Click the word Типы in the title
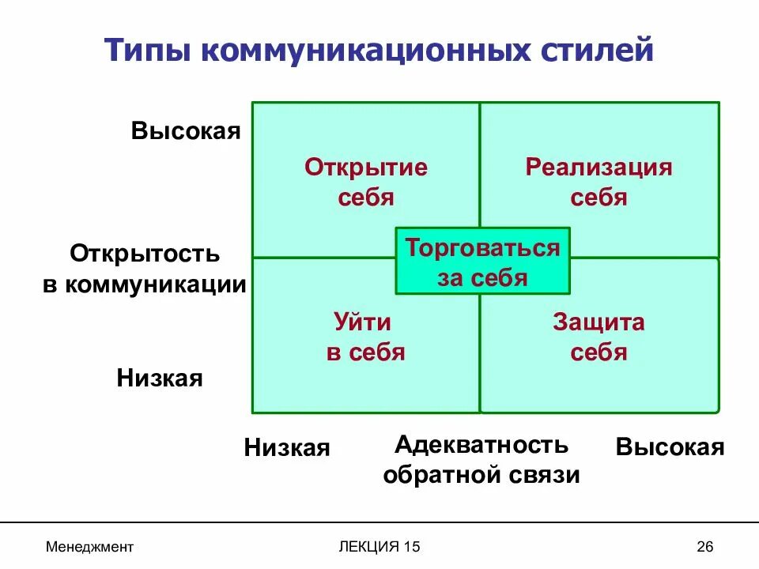146,50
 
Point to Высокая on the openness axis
186,130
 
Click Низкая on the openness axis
160,378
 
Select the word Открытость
145,254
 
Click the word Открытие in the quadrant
366,168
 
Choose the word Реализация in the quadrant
599,168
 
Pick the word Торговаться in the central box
482,248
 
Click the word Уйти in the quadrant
365,322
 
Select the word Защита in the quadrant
599,322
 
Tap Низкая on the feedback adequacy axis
287,448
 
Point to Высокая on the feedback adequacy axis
670,448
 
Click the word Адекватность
481,444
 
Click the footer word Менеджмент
89,547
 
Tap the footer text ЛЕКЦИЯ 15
379,547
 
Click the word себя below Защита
599,352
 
